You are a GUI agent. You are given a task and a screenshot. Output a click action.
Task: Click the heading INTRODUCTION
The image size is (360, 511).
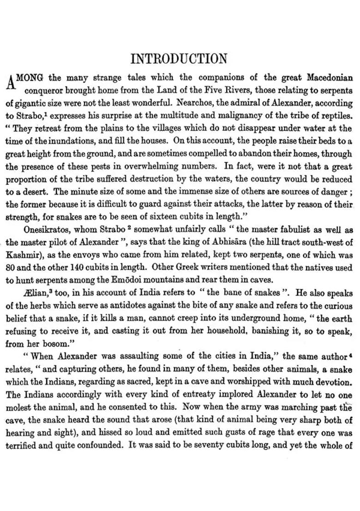[x=179, y=59]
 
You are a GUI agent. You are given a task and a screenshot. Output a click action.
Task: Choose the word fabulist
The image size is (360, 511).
[x=268, y=229]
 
